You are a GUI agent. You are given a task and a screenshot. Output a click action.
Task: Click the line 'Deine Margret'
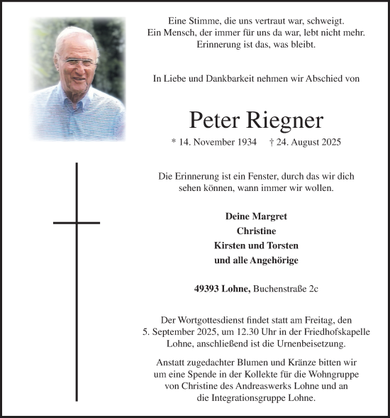[256, 216]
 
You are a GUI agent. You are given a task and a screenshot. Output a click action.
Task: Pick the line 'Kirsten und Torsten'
[256, 246]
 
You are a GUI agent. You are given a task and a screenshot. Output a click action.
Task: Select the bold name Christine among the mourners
[256, 231]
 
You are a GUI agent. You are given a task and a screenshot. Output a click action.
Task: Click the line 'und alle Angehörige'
[256, 260]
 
